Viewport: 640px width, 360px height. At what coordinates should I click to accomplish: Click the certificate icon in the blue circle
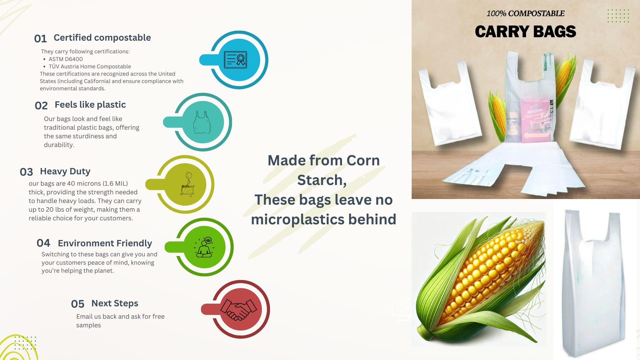point(236,60)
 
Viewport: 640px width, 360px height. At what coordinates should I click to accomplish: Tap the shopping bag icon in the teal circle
point(202,122)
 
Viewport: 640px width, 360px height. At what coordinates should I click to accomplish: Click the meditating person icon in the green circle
point(204,247)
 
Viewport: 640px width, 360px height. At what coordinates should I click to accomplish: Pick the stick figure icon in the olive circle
point(187,184)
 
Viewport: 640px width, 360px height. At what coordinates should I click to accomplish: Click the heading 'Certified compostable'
point(102,38)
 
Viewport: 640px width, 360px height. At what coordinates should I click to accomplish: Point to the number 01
point(40,39)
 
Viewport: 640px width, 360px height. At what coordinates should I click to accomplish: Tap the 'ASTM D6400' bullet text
point(66,59)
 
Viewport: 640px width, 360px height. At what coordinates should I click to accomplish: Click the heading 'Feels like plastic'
point(90,105)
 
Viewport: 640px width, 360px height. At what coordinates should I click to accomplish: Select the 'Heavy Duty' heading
point(65,171)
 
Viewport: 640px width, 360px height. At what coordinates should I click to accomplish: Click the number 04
point(43,243)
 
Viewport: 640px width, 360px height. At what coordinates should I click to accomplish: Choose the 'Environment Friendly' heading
point(105,243)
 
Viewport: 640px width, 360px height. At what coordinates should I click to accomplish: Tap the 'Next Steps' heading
point(115,303)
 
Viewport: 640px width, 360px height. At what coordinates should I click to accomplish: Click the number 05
point(78,304)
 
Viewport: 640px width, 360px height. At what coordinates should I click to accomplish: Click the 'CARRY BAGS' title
point(525,32)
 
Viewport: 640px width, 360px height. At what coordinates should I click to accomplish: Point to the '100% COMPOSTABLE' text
point(525,14)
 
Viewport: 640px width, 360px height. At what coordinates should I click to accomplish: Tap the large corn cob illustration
point(480,280)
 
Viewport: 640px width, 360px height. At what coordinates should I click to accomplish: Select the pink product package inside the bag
point(536,120)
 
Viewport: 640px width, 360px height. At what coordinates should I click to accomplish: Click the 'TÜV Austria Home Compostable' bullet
point(90,66)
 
